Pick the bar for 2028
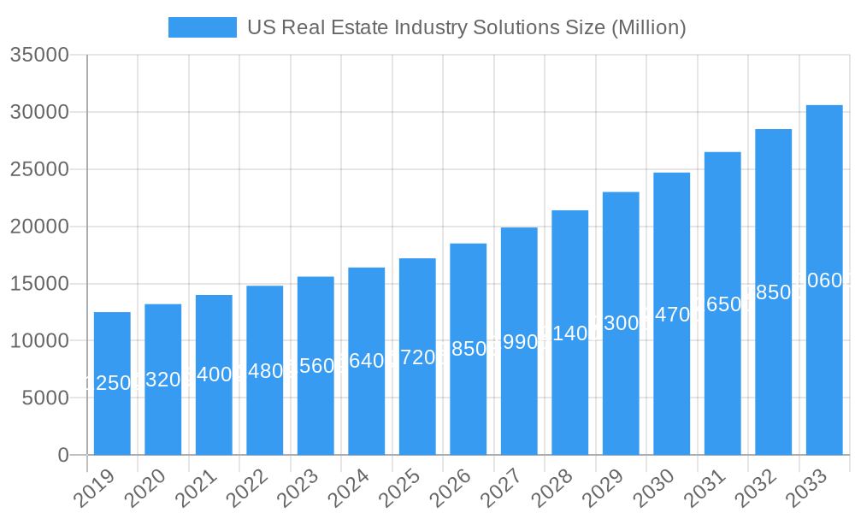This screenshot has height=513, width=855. pos(570,333)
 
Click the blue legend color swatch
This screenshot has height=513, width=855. pos(203,27)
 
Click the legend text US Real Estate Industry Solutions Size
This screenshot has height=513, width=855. pos(466,27)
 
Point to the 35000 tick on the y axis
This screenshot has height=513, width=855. pos(39,56)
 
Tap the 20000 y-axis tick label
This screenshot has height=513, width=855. pos(39,227)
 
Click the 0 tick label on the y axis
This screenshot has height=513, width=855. pos(63,455)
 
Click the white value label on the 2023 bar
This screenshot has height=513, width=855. pos(315,366)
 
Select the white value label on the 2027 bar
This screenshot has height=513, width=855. pos(519,342)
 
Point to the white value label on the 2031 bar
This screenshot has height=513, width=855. pos(722,304)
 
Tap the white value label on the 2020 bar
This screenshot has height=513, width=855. pos(163,380)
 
